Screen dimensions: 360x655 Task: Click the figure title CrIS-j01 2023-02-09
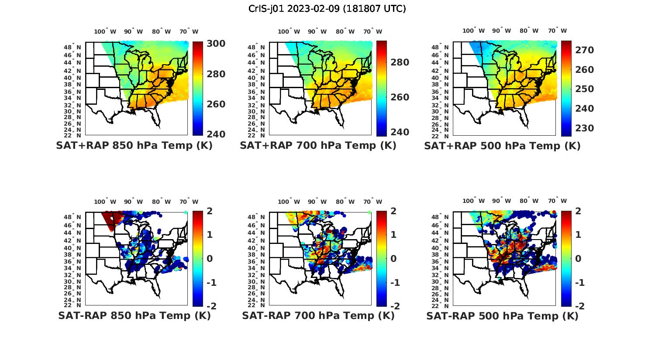point(327,9)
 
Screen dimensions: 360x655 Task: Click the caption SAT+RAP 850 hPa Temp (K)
point(134,145)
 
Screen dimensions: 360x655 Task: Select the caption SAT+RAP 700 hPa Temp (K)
point(318,145)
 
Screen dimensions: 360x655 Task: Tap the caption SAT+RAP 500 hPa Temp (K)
point(502,146)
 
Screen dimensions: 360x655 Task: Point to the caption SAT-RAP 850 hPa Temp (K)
point(134,315)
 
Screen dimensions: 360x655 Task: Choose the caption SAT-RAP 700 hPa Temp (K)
point(318,315)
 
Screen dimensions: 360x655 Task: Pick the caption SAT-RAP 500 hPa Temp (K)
point(502,316)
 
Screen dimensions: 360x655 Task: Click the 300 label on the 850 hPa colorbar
point(216,44)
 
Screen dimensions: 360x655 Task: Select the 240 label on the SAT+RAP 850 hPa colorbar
point(216,134)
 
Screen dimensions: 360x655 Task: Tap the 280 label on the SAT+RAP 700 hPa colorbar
point(400,62)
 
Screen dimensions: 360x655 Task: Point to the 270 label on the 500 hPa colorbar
point(584,50)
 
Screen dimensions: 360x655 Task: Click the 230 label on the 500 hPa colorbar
point(584,128)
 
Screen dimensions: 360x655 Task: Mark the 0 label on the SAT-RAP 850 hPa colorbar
point(210,258)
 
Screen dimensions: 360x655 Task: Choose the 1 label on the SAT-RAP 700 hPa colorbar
point(393,235)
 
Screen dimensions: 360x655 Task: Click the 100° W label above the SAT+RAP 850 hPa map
point(105,31)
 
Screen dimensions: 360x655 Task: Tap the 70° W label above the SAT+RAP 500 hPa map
point(558,31)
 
